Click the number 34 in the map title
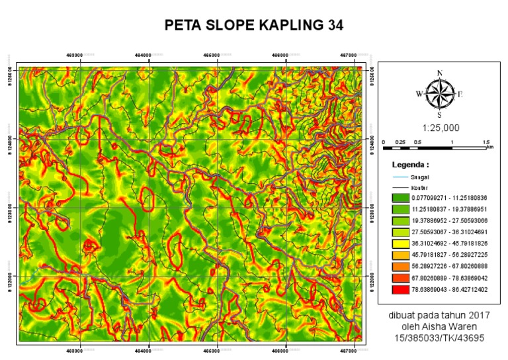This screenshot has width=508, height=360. coord(335,25)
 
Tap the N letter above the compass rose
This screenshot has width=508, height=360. coord(439,73)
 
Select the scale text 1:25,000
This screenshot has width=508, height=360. coord(439,127)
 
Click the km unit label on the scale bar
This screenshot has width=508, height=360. coord(490,147)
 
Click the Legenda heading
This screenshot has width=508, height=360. coord(411,163)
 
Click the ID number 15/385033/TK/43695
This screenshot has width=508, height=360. coord(439,337)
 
